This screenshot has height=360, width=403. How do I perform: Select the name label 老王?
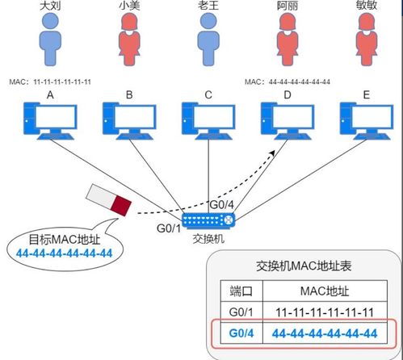[x=208, y=6]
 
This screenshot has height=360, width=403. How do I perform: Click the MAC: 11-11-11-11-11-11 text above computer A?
[x=50, y=82]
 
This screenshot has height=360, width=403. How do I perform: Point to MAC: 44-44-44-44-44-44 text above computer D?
[x=288, y=82]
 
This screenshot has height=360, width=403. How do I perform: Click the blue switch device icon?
[x=208, y=220]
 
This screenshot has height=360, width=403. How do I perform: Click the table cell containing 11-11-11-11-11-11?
[x=324, y=312]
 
